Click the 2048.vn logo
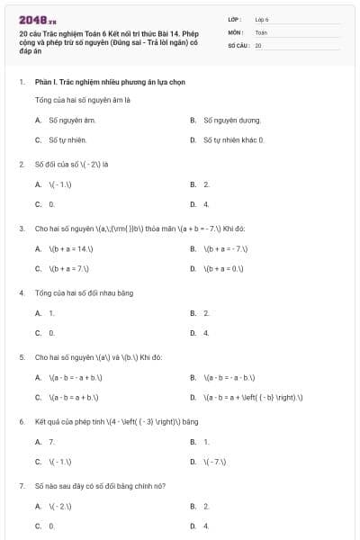click(x=37, y=19)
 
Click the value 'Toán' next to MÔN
click(x=261, y=31)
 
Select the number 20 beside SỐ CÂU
click(x=258, y=44)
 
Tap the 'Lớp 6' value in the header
click(x=262, y=18)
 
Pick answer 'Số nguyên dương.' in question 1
click(x=231, y=120)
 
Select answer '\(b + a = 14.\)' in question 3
click(x=72, y=248)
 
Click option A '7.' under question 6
click(x=51, y=442)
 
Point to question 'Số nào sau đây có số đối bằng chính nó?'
click(x=100, y=486)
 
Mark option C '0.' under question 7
click(x=51, y=526)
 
